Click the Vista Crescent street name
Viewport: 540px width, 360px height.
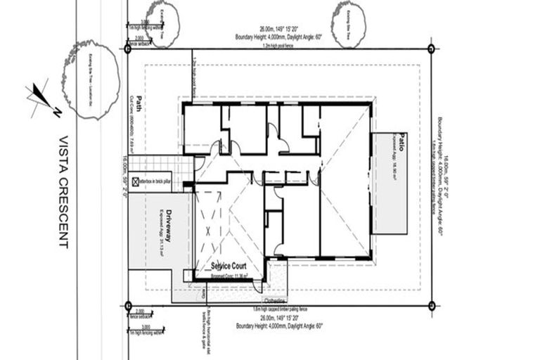(63, 192)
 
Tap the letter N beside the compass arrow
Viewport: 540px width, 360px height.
(55, 110)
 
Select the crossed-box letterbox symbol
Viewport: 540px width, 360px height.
(135, 181)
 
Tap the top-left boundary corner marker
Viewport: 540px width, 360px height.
(127, 49)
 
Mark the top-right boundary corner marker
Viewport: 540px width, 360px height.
(431, 49)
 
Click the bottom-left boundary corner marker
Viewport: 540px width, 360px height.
(127, 305)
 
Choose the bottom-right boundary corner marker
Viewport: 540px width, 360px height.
(431, 305)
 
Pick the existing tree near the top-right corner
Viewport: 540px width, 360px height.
(349, 25)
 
